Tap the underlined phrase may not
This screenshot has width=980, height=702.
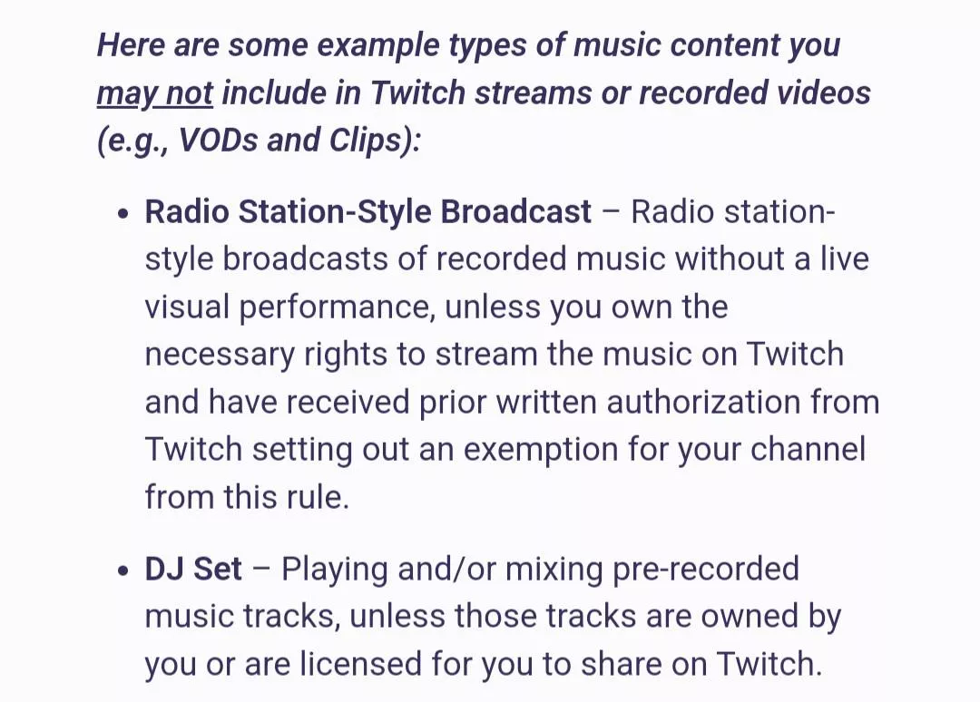tap(154, 93)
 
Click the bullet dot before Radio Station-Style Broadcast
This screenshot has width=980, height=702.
tap(124, 214)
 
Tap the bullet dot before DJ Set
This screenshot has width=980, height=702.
tap(124, 571)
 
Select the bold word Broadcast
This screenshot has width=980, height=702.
tap(515, 211)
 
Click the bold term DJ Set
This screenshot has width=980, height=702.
tap(193, 570)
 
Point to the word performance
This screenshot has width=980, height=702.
tap(333, 308)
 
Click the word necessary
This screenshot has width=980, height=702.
tap(216, 355)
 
